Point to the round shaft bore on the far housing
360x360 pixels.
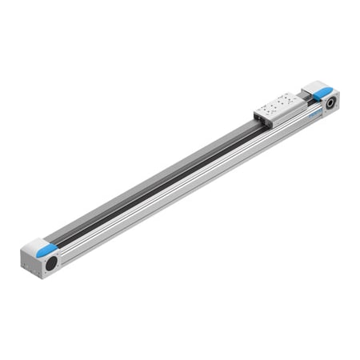(x=329, y=102)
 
